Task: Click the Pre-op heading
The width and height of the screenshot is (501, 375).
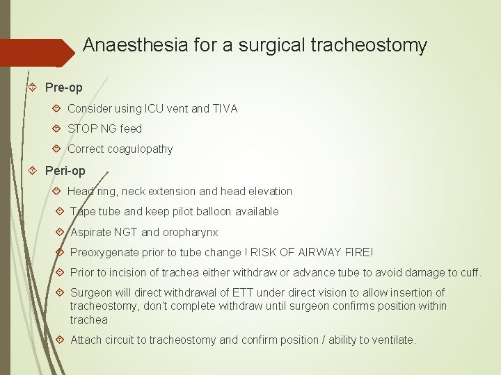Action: [x=63, y=87]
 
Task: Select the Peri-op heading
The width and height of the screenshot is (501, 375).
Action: [x=65, y=170]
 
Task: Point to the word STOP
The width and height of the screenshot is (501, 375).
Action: [x=81, y=128]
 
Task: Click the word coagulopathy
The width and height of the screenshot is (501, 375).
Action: [x=141, y=149]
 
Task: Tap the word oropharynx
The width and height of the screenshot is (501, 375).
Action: [x=190, y=232]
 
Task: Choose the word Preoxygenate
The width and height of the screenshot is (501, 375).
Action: [x=104, y=253]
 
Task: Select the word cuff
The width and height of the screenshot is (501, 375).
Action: [x=470, y=272]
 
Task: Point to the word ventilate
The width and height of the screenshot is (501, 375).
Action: [x=392, y=340]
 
